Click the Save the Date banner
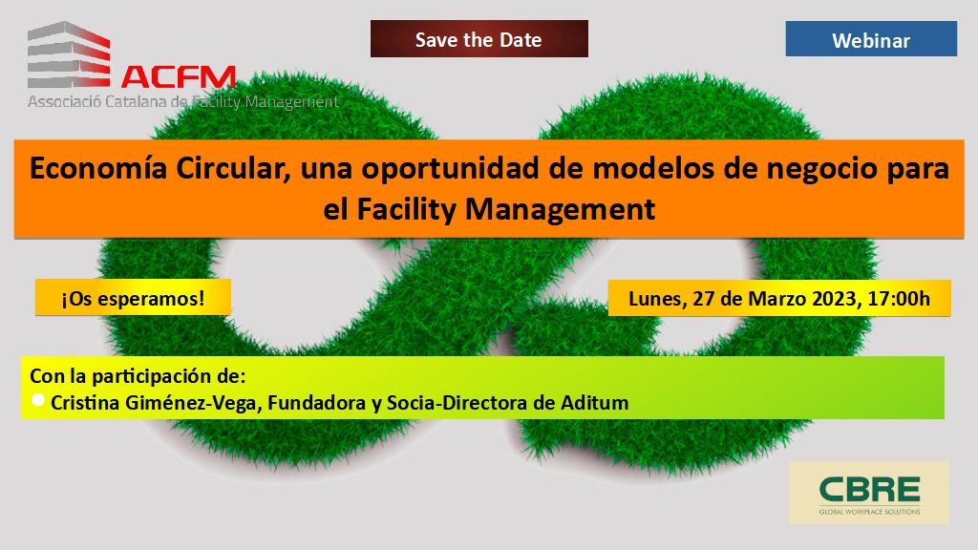pyautogui.click(x=479, y=38)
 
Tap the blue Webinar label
pyautogui.click(x=871, y=39)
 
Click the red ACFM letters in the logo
pyautogui.click(x=179, y=77)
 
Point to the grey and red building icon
pyautogui.click(x=69, y=54)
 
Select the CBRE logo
pyautogui.click(x=869, y=493)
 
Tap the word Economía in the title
pyautogui.click(x=98, y=168)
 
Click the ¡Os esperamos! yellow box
pyautogui.click(x=133, y=298)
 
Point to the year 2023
pyautogui.click(x=834, y=299)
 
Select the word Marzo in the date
pyautogui.click(x=777, y=299)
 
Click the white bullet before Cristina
pyautogui.click(x=37, y=400)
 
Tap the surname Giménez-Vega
pyautogui.click(x=197, y=403)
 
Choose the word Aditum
pyautogui.click(x=594, y=403)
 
